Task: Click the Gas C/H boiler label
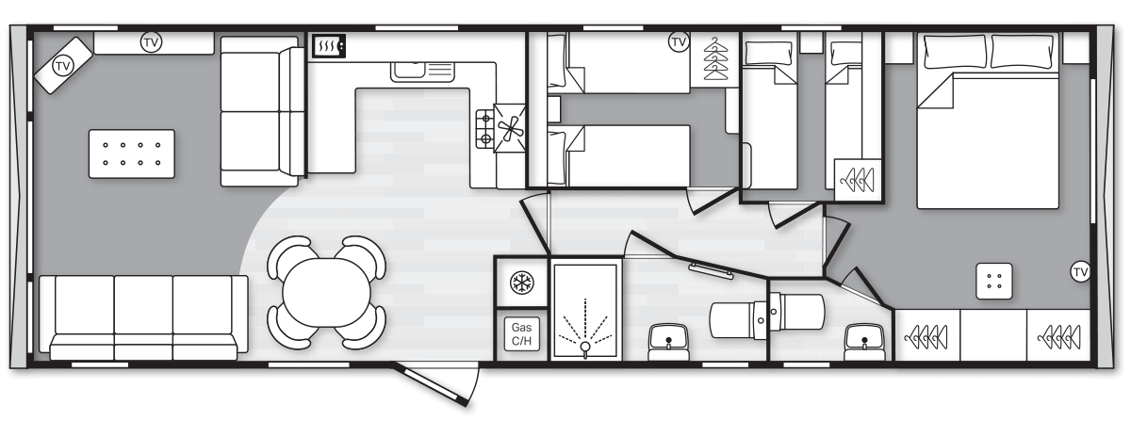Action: [x=521, y=334]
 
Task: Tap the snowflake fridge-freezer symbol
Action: [x=521, y=283]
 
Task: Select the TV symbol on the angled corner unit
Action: [x=62, y=66]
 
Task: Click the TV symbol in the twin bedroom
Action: [x=679, y=41]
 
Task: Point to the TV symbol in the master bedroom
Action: [x=1080, y=272]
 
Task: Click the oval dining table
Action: [x=326, y=293]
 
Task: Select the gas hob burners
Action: [x=484, y=129]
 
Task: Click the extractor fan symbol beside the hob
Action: [x=510, y=128]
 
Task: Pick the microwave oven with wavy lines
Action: [x=329, y=46]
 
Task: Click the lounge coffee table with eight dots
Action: [x=132, y=154]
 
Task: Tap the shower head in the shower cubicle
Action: [x=585, y=347]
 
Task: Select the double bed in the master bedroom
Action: [x=988, y=121]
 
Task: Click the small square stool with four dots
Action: [x=993, y=281]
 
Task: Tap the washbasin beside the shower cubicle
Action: [x=668, y=343]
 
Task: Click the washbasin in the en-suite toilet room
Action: [x=864, y=343]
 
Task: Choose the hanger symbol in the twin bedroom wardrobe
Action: [x=716, y=58]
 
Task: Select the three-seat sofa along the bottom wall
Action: [x=143, y=317]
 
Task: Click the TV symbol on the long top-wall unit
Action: [x=151, y=42]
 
